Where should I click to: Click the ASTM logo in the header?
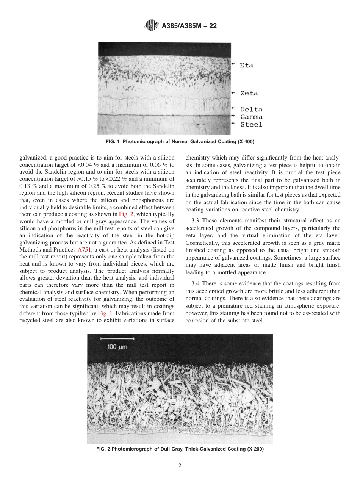coord(151,26)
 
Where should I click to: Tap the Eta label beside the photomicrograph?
coord(246,65)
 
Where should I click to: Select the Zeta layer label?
coord(249,93)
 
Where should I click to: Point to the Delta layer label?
coord(251,110)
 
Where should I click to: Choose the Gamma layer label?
coord(251,117)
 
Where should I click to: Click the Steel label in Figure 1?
coord(251,124)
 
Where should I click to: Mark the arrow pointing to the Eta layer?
coord(233,64)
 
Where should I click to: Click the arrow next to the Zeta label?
coord(233,93)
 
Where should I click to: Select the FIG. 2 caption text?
coord(180,449)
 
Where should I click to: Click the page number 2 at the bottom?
coord(180,466)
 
